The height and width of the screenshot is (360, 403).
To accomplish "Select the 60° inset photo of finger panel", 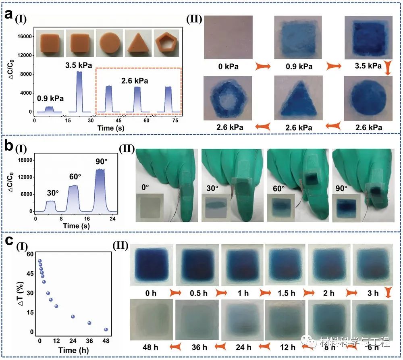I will pyautogui.click(x=281, y=208).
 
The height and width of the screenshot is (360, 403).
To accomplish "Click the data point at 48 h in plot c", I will pyautogui.click(x=106, y=329).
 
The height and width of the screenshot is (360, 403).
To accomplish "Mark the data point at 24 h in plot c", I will pyautogui.click(x=73, y=316).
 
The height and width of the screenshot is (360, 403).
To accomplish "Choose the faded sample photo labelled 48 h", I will pyautogui.click(x=150, y=320).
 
